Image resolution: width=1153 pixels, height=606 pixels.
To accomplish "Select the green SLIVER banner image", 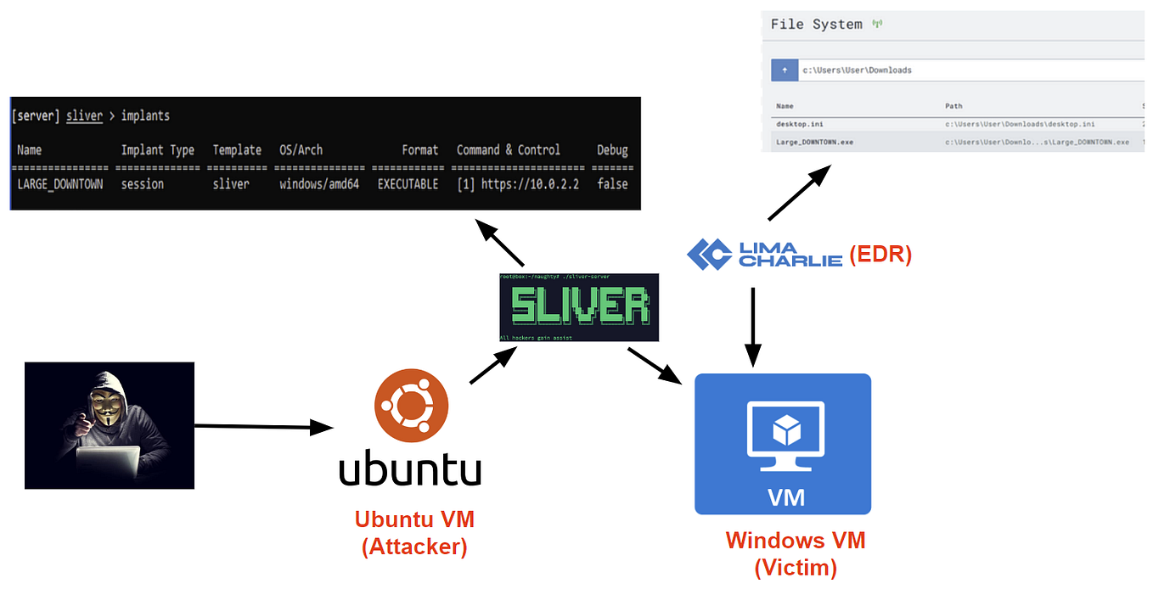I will pyautogui.click(x=578, y=307).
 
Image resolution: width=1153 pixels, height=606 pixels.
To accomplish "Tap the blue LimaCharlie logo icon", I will pyautogui.click(x=709, y=254).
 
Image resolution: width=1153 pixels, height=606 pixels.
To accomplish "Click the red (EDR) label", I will pyautogui.click(x=880, y=255).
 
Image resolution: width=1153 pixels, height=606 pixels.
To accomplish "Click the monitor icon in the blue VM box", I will pyautogui.click(x=785, y=435).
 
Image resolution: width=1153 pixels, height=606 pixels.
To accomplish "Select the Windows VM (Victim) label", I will pyautogui.click(x=796, y=553).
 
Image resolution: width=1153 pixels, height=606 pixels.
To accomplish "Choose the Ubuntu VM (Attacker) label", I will pyautogui.click(x=414, y=532).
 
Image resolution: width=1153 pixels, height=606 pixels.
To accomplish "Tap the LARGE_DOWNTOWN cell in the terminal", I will pyautogui.click(x=59, y=184).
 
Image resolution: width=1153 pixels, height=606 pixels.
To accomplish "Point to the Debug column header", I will pyautogui.click(x=612, y=150).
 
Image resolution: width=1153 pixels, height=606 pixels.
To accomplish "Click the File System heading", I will pyautogui.click(x=816, y=25).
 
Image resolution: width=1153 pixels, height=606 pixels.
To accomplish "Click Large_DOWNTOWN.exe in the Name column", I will pyautogui.click(x=814, y=142).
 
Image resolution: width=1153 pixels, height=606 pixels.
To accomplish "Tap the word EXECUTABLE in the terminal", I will pyautogui.click(x=408, y=184).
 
